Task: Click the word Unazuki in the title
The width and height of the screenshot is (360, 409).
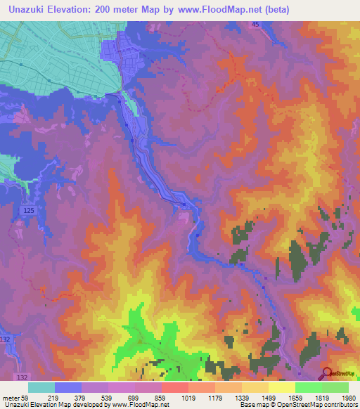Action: pos(30,11)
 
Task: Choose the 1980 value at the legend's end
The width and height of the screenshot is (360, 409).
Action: pos(347,398)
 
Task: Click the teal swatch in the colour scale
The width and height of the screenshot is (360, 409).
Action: pos(41,387)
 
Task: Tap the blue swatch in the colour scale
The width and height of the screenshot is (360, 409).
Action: pos(68,387)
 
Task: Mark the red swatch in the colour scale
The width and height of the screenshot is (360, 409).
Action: pos(175,387)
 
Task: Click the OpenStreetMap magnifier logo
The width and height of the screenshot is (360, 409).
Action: pos(327,374)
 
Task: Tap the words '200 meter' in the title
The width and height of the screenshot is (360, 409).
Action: pos(128,11)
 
